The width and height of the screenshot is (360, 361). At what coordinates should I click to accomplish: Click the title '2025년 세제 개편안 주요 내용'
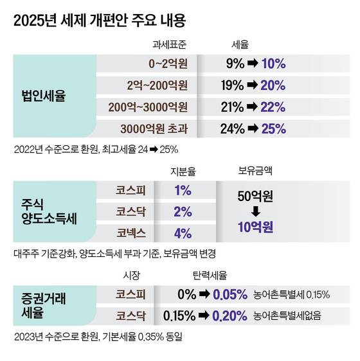point(99,21)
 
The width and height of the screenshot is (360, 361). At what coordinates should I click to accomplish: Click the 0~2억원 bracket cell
point(168,64)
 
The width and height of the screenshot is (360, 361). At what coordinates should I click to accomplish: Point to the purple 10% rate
point(273,64)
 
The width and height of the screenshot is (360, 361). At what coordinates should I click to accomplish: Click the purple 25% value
point(273,128)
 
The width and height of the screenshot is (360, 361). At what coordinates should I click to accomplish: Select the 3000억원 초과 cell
point(155,128)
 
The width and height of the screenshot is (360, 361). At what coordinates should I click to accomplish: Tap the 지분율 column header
point(182,171)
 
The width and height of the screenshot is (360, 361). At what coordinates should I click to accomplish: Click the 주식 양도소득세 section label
point(46,211)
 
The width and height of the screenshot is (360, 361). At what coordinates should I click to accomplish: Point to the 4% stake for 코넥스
point(183,233)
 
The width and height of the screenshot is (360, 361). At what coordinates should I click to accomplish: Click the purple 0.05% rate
point(230,294)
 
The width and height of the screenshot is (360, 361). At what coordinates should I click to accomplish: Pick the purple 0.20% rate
point(230,315)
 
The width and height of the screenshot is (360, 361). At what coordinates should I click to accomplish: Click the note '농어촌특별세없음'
point(287,315)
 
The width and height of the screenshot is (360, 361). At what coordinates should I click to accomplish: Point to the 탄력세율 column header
point(210,276)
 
